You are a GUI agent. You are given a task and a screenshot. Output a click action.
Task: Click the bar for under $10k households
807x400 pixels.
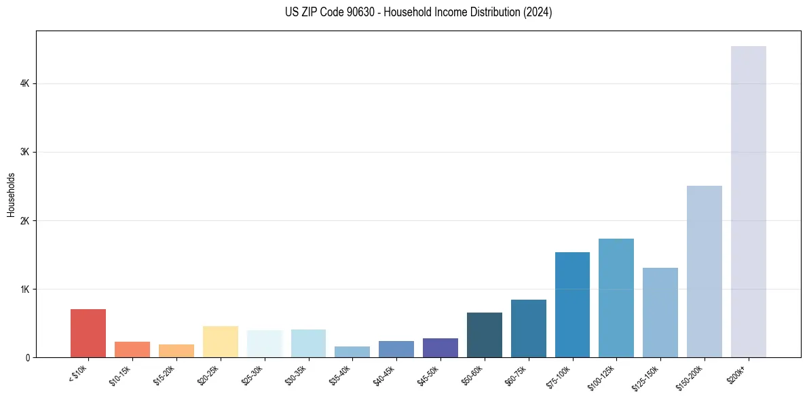(88, 333)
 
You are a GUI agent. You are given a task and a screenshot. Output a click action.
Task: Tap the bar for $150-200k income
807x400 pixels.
(705, 271)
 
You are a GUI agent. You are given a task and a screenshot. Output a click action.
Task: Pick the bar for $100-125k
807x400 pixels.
(616, 298)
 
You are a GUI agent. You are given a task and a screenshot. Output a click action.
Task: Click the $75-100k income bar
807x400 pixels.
(572, 304)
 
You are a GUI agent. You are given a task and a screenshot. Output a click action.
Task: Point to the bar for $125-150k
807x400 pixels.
(660, 313)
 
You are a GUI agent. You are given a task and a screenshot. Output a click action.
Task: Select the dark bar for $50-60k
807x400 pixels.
(485, 335)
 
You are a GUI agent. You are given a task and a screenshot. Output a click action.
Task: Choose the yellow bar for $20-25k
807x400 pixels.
(221, 342)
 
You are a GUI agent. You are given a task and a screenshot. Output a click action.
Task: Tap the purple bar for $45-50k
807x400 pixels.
(440, 348)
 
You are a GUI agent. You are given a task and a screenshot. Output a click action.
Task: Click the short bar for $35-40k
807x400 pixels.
(352, 352)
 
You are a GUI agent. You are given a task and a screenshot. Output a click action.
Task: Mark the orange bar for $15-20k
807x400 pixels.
(176, 351)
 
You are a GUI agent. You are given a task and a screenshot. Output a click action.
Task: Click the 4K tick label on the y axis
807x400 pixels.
(25, 84)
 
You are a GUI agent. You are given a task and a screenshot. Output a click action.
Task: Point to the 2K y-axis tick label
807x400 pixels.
(25, 221)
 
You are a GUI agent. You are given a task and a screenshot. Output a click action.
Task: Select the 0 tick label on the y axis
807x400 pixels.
(28, 358)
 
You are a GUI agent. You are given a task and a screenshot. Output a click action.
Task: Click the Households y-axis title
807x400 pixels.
(11, 195)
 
